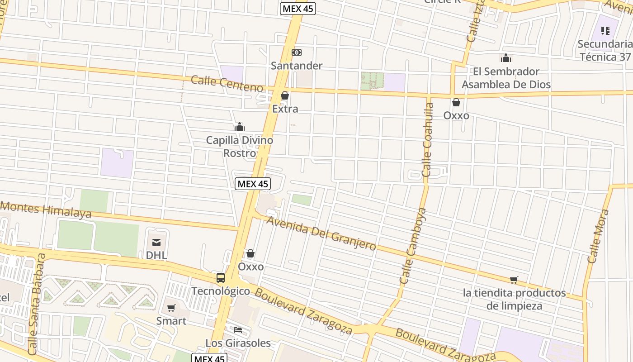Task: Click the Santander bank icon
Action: point(297,52)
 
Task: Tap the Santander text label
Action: point(297,66)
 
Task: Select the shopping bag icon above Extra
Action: point(285,95)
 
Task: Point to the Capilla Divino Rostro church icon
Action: point(240,127)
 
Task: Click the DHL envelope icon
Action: point(156,242)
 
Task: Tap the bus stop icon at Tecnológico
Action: point(221,278)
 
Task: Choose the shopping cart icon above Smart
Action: point(171,308)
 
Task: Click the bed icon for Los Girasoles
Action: point(238,330)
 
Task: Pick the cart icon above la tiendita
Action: point(514,280)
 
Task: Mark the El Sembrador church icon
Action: point(506,58)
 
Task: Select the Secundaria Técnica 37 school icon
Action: point(605,31)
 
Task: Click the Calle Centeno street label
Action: point(227,84)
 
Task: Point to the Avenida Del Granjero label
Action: point(321,233)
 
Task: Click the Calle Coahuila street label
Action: point(428,140)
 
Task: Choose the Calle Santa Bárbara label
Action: point(37,304)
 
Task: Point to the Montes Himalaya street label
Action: point(46,210)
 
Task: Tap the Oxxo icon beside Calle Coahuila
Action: point(456,102)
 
